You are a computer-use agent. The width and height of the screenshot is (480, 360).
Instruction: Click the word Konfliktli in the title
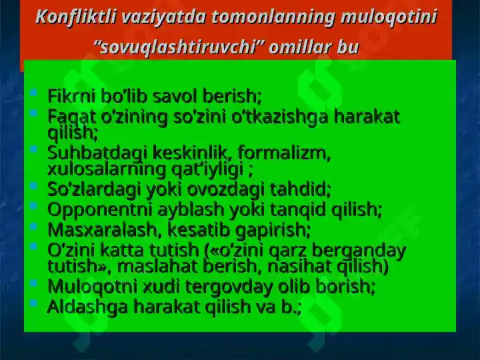pyautogui.click(x=75, y=17)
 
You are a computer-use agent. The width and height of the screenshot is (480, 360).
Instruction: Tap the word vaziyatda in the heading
pyautogui.click(x=163, y=17)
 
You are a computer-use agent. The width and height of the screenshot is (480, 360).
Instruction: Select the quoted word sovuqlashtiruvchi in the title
pyautogui.click(x=179, y=47)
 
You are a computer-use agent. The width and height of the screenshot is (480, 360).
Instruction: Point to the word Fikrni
pyautogui.click(x=71, y=96)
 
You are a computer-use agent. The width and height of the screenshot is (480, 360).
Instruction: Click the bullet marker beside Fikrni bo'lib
pyautogui.click(x=34, y=92)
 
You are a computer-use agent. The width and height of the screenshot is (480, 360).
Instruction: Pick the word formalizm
pyautogui.click(x=284, y=153)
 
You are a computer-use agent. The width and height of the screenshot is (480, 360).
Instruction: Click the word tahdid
pyautogui.click(x=300, y=189)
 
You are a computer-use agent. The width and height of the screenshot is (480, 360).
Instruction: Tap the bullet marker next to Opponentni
pyautogui.click(x=34, y=205)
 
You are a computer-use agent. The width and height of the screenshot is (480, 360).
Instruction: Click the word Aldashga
pyautogui.click(x=87, y=307)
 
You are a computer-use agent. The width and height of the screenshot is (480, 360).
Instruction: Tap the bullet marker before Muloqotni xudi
pyautogui.click(x=34, y=283)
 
